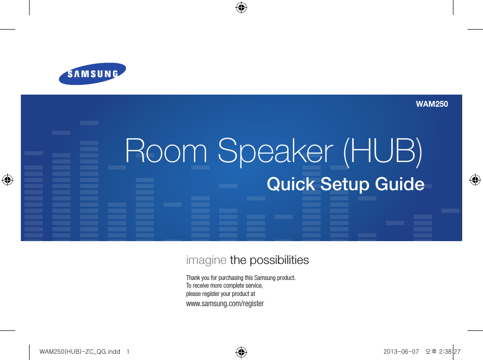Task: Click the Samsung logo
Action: click(93, 74)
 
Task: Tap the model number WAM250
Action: click(432, 104)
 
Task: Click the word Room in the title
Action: click(166, 151)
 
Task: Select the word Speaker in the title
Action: click(276, 152)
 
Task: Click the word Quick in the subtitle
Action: click(291, 184)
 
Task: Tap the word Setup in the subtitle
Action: click(345, 185)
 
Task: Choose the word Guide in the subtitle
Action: click(400, 184)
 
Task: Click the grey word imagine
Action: click(207, 261)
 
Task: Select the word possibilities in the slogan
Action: click(279, 260)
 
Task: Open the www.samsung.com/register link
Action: click(225, 304)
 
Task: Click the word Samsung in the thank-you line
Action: click(265, 278)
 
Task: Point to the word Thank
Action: click(193, 278)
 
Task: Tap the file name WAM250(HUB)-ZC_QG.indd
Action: click(80, 352)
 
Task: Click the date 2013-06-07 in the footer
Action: click(401, 352)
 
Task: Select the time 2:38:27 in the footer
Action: click(450, 352)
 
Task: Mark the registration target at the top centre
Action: click(241, 8)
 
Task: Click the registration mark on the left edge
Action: click(7, 180)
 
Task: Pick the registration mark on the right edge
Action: click(475, 180)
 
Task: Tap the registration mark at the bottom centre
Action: click(241, 352)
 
